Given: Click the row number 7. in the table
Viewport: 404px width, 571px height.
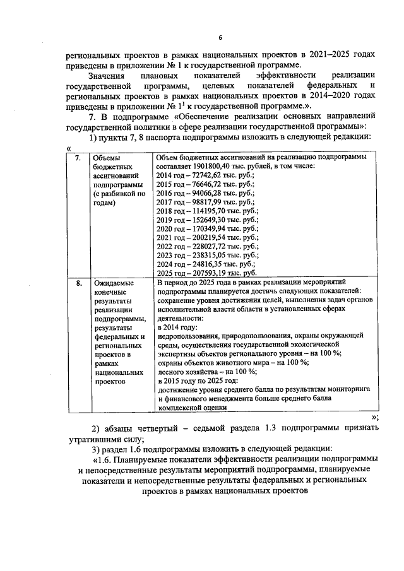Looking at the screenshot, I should pyautogui.click(x=78, y=158).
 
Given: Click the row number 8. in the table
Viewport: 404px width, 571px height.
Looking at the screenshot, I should pyautogui.click(x=78, y=284).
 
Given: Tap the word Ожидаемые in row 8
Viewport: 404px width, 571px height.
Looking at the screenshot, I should pyautogui.click(x=112, y=284).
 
